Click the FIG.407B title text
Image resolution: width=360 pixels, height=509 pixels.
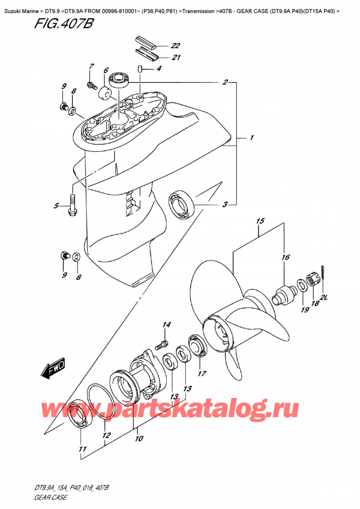[38, 25]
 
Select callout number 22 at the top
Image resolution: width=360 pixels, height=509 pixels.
[175, 46]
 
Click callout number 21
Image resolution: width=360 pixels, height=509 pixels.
[176, 58]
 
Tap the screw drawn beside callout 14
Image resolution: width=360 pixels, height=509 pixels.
[160, 345]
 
